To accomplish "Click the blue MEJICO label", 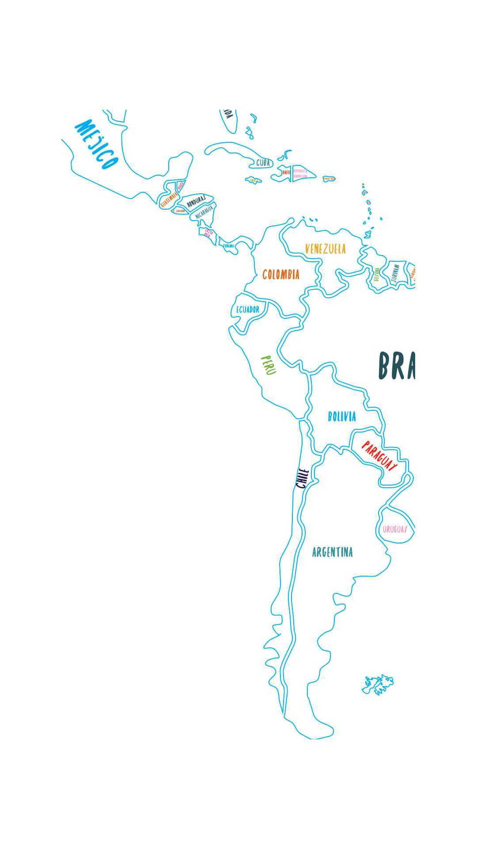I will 97,145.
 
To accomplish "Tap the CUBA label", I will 263,163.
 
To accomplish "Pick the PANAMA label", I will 228,246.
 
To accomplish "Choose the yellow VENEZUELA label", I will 326,249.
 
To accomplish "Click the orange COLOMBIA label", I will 281,275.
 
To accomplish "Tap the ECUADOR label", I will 247,310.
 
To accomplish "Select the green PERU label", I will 269,365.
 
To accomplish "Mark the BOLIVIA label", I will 342,417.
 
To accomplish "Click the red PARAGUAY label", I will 379,456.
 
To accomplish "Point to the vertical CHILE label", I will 302,478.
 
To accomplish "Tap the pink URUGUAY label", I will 394,529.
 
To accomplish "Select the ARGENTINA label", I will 333,552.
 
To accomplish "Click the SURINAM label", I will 395,273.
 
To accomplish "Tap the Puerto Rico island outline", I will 329,179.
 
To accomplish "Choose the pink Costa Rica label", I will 208,233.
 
